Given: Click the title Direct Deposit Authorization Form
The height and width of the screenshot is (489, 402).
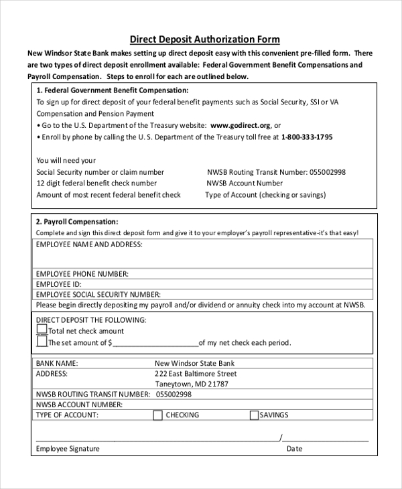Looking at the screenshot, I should pyautogui.click(x=204, y=40).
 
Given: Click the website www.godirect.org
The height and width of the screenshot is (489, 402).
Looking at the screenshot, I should pyautogui.click(x=240, y=125).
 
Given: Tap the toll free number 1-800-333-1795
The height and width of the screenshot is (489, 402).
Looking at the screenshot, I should pyautogui.click(x=306, y=137).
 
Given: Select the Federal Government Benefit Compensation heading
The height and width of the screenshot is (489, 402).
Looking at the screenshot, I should pyautogui.click(x=112, y=90).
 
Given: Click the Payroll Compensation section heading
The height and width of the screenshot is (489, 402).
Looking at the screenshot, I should pyautogui.click(x=77, y=222).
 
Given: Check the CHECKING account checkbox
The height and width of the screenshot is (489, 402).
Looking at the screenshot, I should pyautogui.click(x=158, y=415).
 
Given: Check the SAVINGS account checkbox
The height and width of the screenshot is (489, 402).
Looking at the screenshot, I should pyautogui.click(x=254, y=415).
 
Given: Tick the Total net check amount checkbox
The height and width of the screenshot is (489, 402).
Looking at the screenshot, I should pyautogui.click(x=42, y=330).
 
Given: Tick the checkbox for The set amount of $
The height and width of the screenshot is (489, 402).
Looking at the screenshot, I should pyautogui.click(x=42, y=342).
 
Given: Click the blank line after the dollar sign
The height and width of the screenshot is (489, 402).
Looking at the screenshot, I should pyautogui.click(x=155, y=343).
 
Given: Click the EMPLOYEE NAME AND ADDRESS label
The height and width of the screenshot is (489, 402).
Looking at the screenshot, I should pyautogui.click(x=89, y=244).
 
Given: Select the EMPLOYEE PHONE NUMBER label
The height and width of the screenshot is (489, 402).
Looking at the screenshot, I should pyautogui.click(x=82, y=274).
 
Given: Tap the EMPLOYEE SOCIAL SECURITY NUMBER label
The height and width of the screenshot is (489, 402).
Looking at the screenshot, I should pyautogui.click(x=98, y=294).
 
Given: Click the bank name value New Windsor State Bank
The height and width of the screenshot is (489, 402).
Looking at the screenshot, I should pyautogui.click(x=194, y=363).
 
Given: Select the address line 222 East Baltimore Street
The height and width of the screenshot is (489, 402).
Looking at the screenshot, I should pyautogui.click(x=196, y=374).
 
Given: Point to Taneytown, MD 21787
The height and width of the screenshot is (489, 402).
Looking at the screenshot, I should pyautogui.click(x=192, y=385).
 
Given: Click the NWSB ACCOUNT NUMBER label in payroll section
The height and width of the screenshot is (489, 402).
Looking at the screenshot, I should pyautogui.click(x=79, y=405).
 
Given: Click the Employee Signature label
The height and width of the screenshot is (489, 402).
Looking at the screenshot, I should pyautogui.click(x=68, y=449).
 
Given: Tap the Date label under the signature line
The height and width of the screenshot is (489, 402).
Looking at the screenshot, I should pyautogui.click(x=294, y=449).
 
